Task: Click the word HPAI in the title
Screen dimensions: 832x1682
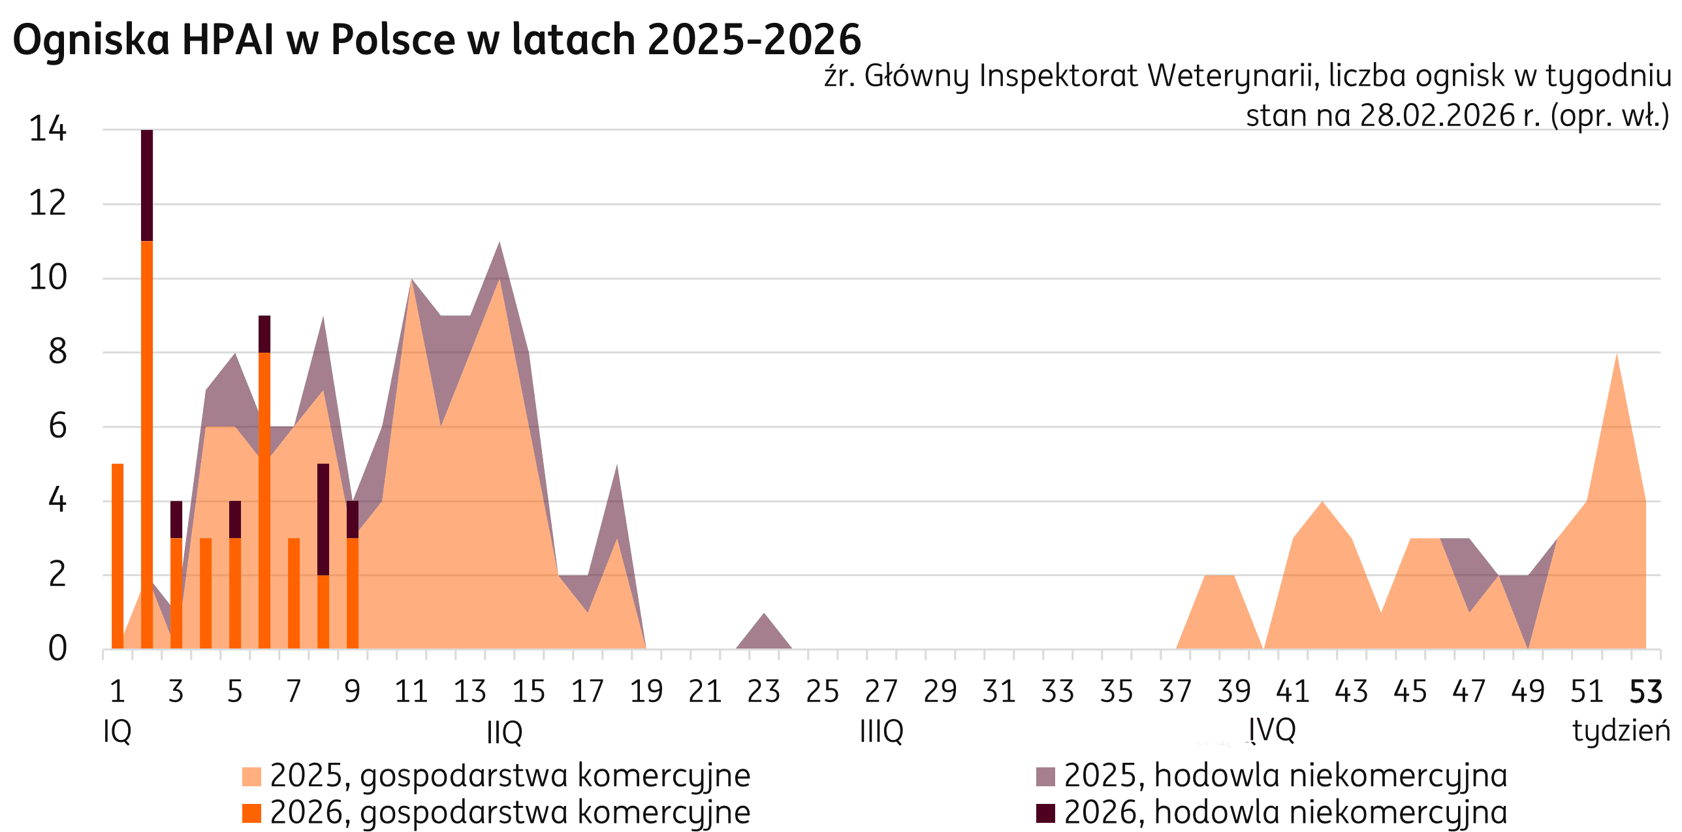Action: pyautogui.click(x=227, y=39)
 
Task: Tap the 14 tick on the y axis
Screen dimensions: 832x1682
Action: pyautogui.click(x=48, y=129)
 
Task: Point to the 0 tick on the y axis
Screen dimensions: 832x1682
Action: pyautogui.click(x=57, y=648)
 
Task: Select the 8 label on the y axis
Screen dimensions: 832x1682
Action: pyautogui.click(x=57, y=352)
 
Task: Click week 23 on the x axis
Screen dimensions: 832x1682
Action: pyautogui.click(x=763, y=691)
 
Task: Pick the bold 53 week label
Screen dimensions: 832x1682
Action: pyautogui.click(x=1645, y=691)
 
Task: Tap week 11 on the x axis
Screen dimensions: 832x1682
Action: pyautogui.click(x=411, y=691)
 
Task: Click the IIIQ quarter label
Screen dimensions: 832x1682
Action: pyautogui.click(x=881, y=731)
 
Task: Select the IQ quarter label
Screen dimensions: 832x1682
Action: pyautogui.click(x=118, y=731)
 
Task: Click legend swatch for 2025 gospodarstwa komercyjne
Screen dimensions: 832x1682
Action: pyautogui.click(x=251, y=776)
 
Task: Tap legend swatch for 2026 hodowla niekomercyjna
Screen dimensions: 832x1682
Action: pyautogui.click(x=1046, y=813)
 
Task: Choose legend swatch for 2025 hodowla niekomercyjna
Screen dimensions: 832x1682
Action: pyautogui.click(x=1046, y=776)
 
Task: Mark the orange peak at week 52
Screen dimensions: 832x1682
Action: pyautogui.click(x=1616, y=366)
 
